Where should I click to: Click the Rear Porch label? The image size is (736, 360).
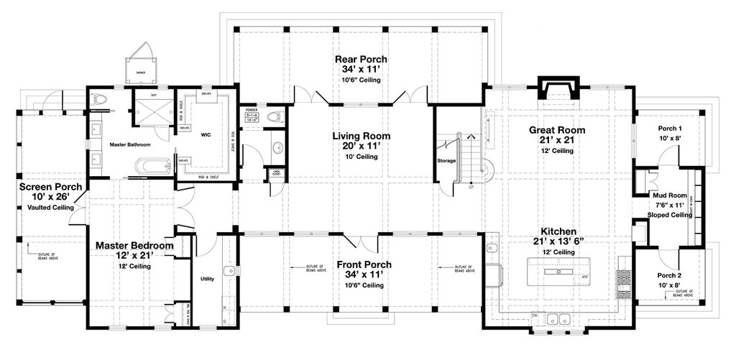(x=361, y=59)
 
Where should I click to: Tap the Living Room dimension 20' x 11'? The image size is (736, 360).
(x=361, y=146)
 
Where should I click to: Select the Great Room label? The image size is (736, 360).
(x=557, y=130)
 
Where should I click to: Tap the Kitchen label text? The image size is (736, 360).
(x=557, y=231)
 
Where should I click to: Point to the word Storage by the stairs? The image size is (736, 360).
(x=446, y=161)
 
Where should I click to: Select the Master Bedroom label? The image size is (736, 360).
(x=134, y=246)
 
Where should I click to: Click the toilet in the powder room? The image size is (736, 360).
(x=274, y=116)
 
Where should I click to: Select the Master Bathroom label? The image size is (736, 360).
(x=129, y=144)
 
